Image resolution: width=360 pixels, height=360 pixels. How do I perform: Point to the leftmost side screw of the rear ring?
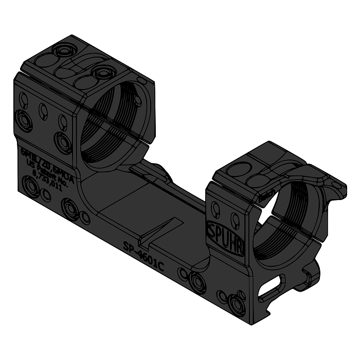click(24, 120)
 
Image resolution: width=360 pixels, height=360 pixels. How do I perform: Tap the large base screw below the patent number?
click(31, 188)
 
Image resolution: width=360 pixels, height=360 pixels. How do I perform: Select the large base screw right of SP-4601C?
click(197, 280)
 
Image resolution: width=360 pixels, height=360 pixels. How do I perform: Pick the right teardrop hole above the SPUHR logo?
click(235, 221)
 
